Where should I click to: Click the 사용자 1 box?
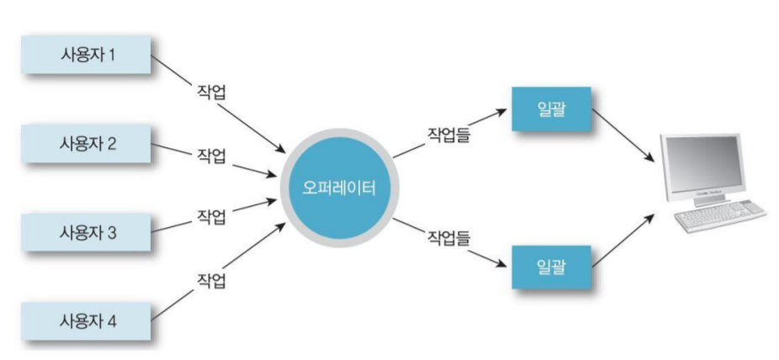tap(87, 56)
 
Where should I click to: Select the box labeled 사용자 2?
tap(87, 144)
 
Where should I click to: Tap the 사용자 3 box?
tap(87, 231)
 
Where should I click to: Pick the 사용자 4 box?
tap(87, 320)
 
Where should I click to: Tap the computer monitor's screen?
tap(702, 165)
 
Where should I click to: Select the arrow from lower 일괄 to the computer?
tap(624, 241)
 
